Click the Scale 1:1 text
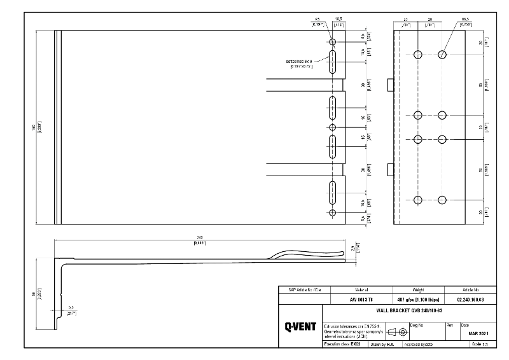[x=478, y=344]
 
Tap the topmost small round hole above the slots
[x=332, y=41]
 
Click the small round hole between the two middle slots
[x=332, y=127]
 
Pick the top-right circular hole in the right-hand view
[x=442, y=55]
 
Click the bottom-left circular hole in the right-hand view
[x=418, y=200]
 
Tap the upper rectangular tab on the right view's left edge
[x=391, y=83]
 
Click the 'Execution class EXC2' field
[x=343, y=344]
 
